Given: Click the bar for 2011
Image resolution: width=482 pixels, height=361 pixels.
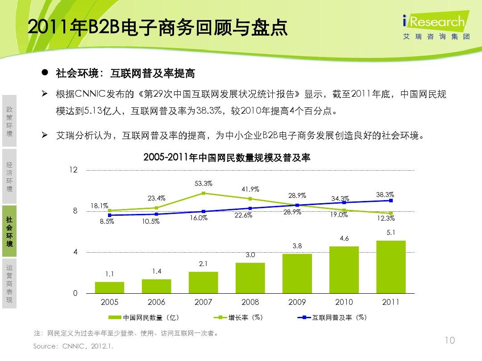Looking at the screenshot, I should (391, 267).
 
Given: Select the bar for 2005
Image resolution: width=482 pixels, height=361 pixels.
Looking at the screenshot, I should (110, 287).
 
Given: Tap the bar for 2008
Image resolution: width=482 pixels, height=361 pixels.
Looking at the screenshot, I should (250, 278).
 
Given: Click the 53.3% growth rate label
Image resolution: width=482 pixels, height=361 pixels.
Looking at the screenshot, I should (204, 184).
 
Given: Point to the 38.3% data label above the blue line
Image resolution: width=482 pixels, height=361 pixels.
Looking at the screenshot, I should (385, 195).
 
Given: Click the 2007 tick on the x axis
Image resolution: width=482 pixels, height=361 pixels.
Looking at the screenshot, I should (204, 302).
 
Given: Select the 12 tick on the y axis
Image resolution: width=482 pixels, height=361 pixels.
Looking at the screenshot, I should (73, 170).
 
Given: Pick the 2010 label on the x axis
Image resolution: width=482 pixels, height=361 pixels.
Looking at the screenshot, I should (344, 302).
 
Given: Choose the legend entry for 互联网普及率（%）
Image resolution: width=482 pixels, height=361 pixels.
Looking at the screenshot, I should (332, 318).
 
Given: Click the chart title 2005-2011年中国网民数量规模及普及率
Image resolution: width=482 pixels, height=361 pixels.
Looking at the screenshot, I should (227, 157).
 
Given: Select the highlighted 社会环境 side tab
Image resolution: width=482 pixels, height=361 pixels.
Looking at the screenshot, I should (9, 231).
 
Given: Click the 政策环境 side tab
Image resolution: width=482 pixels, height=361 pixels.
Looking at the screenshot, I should (9, 121).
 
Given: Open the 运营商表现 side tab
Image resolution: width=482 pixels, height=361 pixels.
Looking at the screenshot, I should (9, 283).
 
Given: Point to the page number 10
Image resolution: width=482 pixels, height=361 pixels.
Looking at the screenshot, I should (450, 341).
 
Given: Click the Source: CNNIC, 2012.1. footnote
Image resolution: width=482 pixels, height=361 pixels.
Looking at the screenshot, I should (74, 346).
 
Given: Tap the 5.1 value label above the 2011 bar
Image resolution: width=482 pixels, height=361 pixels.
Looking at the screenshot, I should (391, 233).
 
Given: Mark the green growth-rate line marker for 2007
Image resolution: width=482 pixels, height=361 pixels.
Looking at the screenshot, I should (204, 193).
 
